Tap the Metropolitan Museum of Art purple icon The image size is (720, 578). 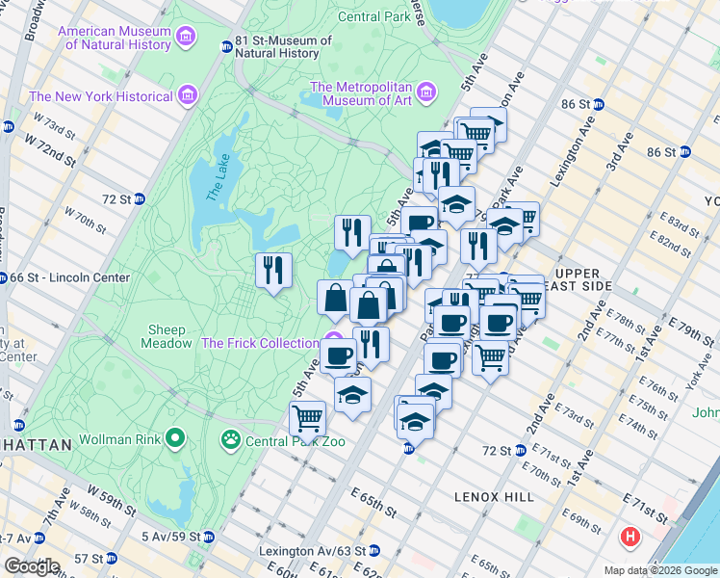[x=424, y=93]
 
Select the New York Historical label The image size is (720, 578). [x=101, y=96]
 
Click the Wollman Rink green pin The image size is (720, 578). [x=174, y=439]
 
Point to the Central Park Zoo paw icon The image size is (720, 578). [x=231, y=441]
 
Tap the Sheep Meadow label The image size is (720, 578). [x=167, y=336]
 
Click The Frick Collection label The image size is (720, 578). [x=260, y=343]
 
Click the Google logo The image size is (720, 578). [x=32, y=566]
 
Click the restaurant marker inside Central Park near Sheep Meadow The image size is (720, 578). [x=273, y=271]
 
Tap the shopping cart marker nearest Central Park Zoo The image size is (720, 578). [x=307, y=419]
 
